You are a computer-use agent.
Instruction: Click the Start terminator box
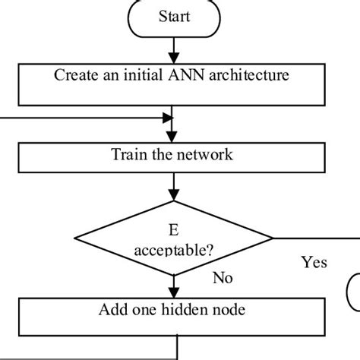pos(175,17)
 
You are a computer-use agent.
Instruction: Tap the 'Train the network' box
pos(175,156)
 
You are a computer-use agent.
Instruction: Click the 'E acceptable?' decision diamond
pos(175,240)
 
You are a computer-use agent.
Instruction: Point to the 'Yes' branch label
pos(314,262)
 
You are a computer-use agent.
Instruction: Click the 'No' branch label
pos(222,278)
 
